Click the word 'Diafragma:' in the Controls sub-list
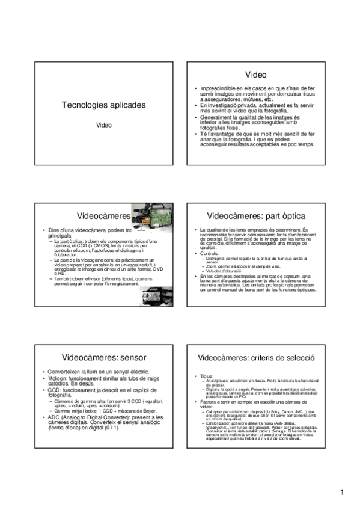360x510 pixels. tap(216, 257)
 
